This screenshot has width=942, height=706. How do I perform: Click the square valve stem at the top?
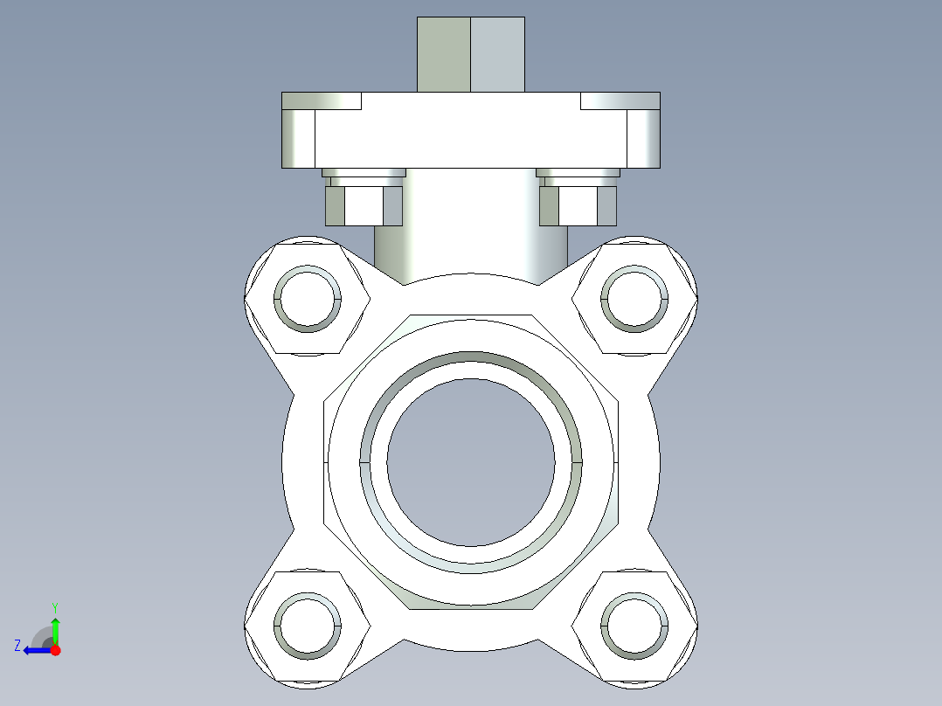pyautogui.click(x=471, y=54)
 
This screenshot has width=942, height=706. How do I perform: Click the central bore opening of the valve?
pyautogui.click(x=471, y=461)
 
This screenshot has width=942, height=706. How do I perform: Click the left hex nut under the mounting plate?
pyautogui.click(x=364, y=206)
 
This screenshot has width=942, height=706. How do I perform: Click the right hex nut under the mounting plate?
pyautogui.click(x=578, y=206)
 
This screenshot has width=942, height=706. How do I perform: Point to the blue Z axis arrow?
pyautogui.click(x=35, y=650)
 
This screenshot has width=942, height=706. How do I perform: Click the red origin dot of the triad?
pyautogui.click(x=55, y=650)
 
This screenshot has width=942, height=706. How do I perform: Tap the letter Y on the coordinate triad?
pyautogui.click(x=54, y=606)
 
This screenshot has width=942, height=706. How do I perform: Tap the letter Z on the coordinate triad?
pyautogui.click(x=17, y=646)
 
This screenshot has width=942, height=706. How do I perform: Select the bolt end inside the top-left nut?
pyautogui.click(x=308, y=299)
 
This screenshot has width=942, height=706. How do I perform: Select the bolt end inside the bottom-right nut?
pyautogui.click(x=634, y=626)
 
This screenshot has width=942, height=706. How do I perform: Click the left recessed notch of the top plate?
pyautogui.click(x=322, y=101)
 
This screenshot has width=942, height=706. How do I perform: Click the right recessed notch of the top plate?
pyautogui.click(x=620, y=101)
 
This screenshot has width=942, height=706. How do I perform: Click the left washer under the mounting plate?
pyautogui.click(x=364, y=172)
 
